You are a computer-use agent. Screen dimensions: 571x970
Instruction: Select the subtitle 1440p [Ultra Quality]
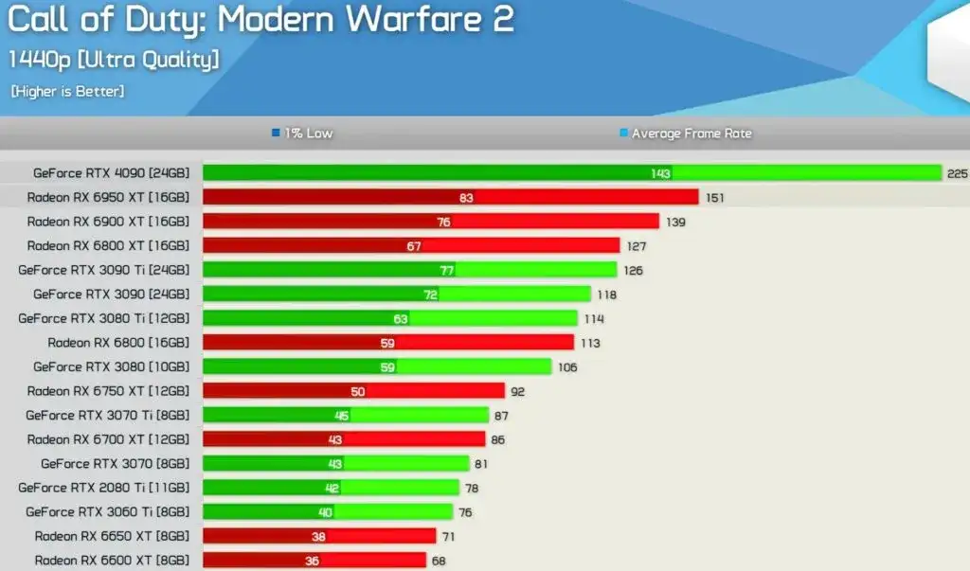115,59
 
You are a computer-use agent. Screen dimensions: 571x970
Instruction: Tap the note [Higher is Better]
67,92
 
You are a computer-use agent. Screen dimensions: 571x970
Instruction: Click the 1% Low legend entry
302,134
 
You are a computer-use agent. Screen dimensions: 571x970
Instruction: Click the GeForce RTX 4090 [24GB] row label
111,173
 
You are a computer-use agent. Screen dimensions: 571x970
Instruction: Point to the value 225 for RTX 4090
958,173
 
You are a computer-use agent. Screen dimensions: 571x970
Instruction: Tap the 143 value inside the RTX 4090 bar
661,173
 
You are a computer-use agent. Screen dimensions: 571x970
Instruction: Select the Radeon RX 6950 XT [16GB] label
108,197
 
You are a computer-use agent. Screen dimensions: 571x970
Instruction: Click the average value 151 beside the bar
715,197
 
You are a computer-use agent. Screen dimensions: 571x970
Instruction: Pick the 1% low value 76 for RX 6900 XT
443,222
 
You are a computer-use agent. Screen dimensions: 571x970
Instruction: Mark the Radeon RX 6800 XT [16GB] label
108,246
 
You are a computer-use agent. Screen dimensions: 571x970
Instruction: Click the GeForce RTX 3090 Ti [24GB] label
103,270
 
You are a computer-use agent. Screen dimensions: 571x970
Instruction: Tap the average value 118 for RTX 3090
606,294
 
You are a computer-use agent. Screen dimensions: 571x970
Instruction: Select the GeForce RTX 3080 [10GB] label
111,366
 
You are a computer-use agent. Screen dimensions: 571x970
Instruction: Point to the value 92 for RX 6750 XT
517,391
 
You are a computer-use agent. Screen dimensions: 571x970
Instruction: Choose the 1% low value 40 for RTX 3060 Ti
326,512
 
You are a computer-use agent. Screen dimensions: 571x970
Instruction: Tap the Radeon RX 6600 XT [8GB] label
112,561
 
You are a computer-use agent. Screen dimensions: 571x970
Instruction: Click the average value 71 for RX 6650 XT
448,537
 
